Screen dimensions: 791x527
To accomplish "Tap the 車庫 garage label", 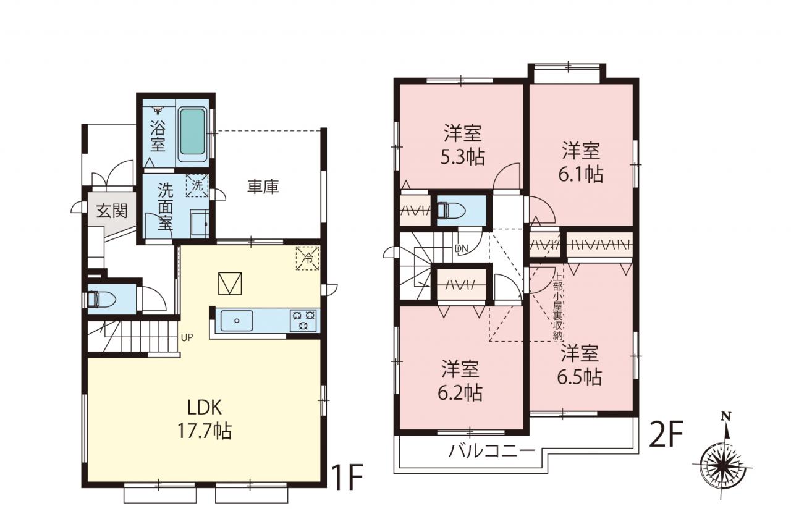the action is [x=263, y=187].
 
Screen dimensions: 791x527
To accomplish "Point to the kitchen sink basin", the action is [x=237, y=321].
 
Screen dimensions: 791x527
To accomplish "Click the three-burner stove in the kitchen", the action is [x=303, y=321].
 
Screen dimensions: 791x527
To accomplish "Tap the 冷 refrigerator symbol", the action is [x=308, y=258].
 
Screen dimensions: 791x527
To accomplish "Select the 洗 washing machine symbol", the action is [x=197, y=185].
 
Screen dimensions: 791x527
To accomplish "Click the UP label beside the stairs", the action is [x=187, y=338].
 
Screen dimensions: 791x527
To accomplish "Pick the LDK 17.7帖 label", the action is [x=205, y=419].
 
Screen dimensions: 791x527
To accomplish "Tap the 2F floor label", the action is [x=667, y=434].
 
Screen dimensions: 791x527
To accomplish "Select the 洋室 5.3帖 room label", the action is [x=462, y=145].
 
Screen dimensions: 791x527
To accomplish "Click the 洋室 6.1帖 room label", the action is [x=581, y=162].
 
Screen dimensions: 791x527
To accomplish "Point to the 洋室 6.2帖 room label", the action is [x=460, y=381].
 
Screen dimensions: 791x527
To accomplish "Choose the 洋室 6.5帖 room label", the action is [x=580, y=365].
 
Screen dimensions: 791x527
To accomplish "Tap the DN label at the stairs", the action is [x=461, y=248].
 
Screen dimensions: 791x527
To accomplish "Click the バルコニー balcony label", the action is [x=492, y=451].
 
